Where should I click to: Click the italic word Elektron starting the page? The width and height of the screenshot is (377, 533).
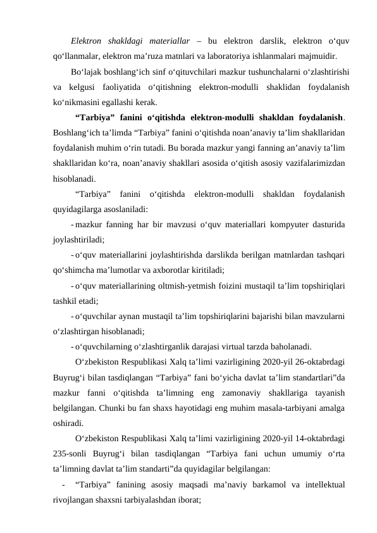click(87, 41)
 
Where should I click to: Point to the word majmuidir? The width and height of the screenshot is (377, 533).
click(316, 56)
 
